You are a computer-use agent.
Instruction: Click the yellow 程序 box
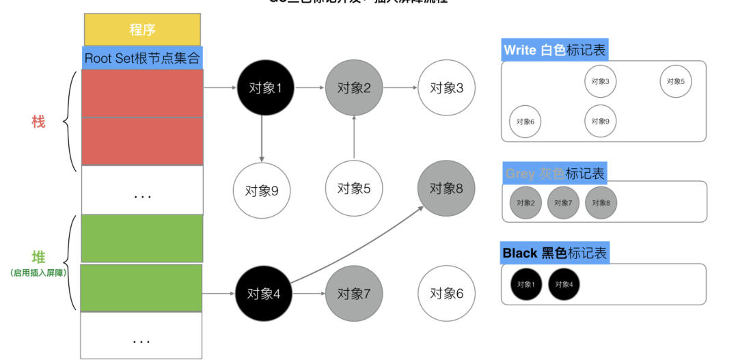(142, 29)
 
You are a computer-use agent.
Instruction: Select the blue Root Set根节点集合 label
(142, 57)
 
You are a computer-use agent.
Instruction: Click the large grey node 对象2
(354, 87)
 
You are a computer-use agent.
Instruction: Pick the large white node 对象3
(446, 87)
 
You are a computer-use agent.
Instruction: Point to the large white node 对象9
(261, 190)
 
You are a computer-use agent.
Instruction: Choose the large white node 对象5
(354, 189)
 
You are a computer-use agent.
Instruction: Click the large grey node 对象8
(446, 189)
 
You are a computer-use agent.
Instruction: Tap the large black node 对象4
(264, 294)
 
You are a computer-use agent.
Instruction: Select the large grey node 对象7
(354, 294)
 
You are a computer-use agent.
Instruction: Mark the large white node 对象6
(446, 294)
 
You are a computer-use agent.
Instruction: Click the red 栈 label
(38, 122)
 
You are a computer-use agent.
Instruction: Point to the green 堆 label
(38, 258)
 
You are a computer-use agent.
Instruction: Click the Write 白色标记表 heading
(554, 50)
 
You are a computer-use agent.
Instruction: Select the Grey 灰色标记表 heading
(555, 174)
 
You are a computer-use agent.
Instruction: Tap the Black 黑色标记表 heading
(554, 253)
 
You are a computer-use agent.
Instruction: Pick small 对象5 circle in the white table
(676, 81)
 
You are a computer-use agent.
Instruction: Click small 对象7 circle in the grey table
(564, 203)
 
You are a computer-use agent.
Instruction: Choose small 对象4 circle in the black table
(564, 284)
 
